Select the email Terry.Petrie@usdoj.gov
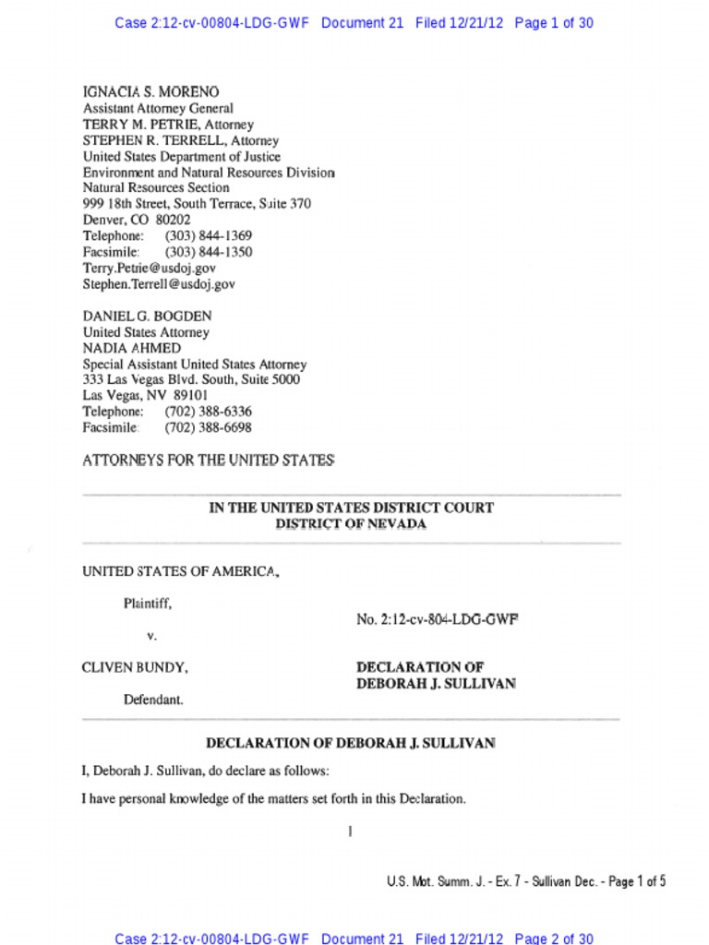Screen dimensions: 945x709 150,268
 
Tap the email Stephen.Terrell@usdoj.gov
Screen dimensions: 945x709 159,284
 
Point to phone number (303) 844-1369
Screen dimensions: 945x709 209,236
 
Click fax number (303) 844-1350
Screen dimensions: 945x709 209,252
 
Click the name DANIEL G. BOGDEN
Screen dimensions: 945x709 147,316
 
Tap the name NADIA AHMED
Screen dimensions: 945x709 132,348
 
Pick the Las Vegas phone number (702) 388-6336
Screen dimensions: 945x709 209,412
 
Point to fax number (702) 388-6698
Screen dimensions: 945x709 209,427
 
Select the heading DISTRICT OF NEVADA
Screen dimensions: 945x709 351,523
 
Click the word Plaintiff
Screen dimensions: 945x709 147,604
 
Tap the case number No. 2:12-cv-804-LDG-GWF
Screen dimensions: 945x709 437,620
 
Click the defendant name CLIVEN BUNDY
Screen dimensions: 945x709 136,667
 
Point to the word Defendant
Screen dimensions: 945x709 153,700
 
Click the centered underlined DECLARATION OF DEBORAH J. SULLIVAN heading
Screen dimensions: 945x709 351,742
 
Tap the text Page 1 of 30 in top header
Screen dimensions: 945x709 553,23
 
